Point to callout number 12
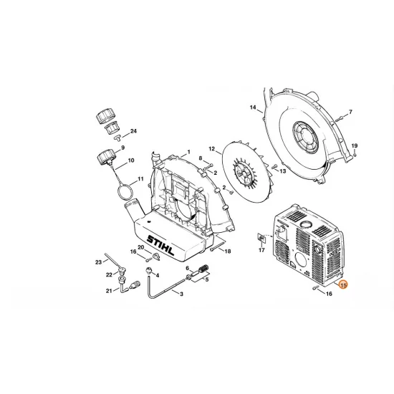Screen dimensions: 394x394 (211, 149)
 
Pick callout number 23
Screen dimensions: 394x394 (98, 262)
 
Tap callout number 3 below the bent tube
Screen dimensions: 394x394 (181, 294)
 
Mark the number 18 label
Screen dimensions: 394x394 (227, 251)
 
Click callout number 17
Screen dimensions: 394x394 (261, 251)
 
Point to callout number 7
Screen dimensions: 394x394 (350, 112)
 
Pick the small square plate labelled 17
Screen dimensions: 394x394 (261, 238)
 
